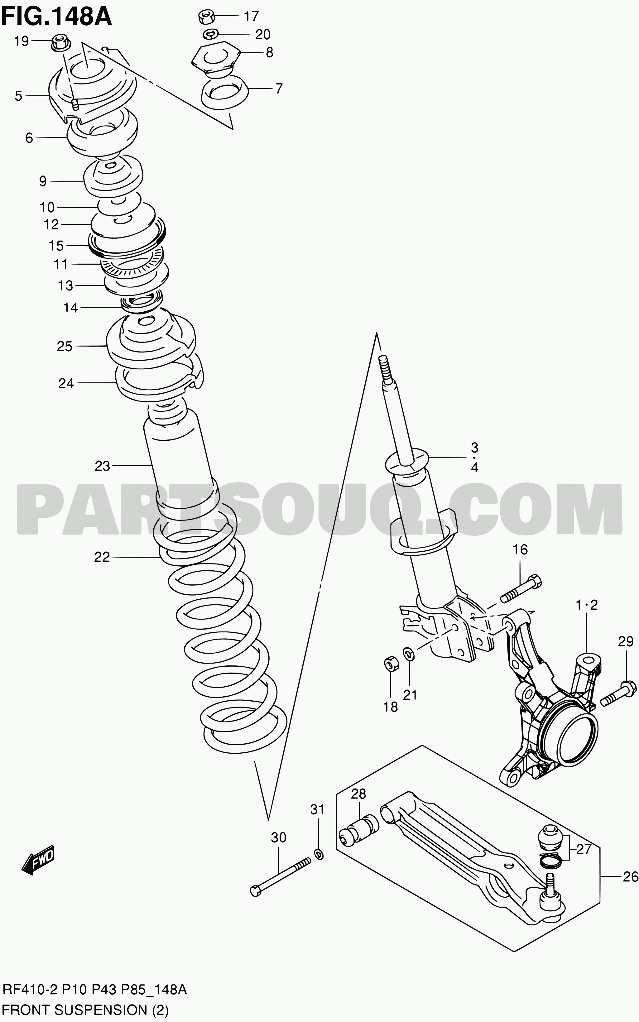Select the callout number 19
21,41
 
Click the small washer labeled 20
210,34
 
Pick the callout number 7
278,89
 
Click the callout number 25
65,347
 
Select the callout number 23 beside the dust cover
102,466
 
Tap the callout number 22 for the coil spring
102,557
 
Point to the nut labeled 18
391,664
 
